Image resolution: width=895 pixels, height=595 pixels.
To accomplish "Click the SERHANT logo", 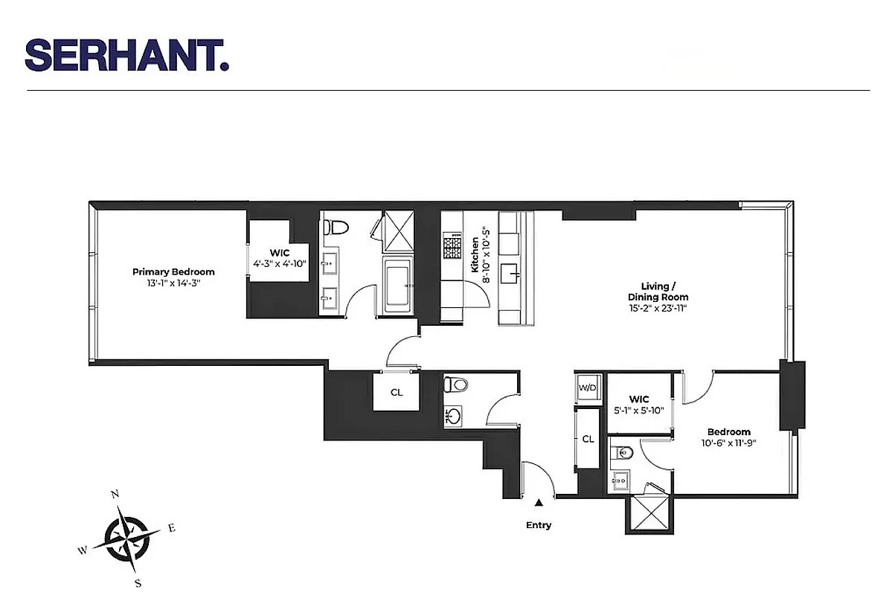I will click(126, 56).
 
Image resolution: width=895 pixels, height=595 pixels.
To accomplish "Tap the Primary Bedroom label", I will click(173, 272).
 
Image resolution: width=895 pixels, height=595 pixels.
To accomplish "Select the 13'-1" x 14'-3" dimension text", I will click(173, 283).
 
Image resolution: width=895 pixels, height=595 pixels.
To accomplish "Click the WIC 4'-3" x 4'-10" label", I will click(279, 257).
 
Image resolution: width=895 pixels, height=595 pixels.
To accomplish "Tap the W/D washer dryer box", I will click(588, 388).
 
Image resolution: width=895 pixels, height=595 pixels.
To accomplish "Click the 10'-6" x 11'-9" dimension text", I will click(728, 443).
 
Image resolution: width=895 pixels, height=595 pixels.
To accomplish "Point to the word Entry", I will click(539, 526).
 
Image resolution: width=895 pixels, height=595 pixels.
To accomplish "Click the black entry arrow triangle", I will click(539, 504).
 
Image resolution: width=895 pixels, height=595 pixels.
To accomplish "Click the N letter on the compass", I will click(115, 494).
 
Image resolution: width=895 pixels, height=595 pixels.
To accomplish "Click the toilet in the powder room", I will click(455, 385).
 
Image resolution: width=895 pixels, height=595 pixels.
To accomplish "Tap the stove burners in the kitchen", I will click(452, 244).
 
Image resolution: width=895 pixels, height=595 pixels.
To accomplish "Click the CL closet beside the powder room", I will click(397, 393).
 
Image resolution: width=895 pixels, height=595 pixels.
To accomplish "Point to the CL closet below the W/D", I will click(588, 439).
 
